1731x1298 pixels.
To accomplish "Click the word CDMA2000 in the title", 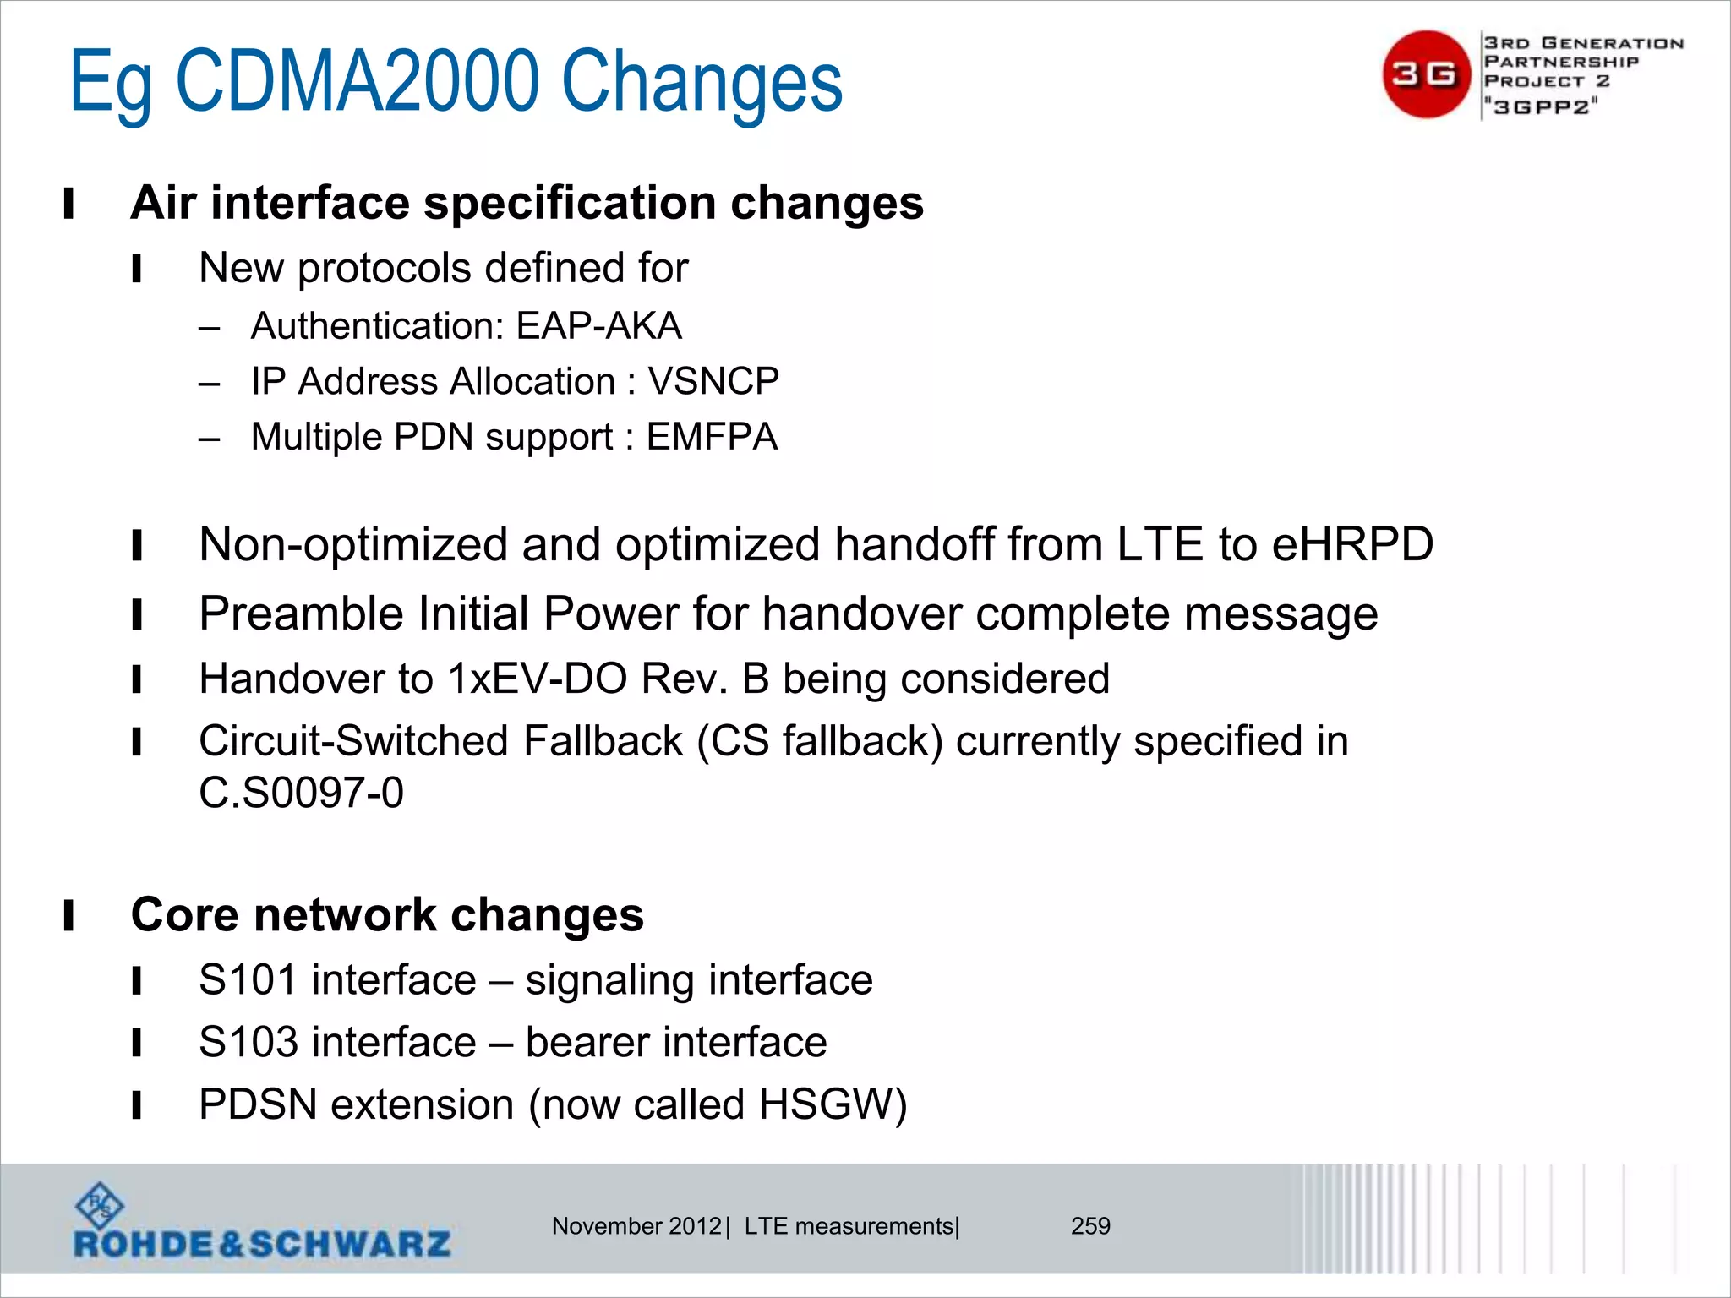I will (x=357, y=82).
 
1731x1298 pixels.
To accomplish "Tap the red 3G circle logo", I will (x=1426, y=74).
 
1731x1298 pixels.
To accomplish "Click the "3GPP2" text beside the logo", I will (x=1542, y=106).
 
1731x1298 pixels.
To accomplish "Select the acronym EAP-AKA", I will (x=598, y=326).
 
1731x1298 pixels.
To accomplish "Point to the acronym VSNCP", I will (x=713, y=381).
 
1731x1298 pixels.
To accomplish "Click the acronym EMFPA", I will (x=712, y=437).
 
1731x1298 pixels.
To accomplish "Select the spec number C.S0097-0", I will (x=301, y=793).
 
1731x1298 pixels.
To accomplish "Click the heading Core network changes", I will (x=387, y=915).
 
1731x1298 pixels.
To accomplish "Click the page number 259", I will (x=1090, y=1226).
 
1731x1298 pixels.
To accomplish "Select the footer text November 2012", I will (x=636, y=1226).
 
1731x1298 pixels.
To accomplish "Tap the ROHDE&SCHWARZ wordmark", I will (x=262, y=1244).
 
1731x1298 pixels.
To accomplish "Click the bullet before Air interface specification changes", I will (x=68, y=205).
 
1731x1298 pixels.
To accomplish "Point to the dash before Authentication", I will (x=210, y=328).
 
